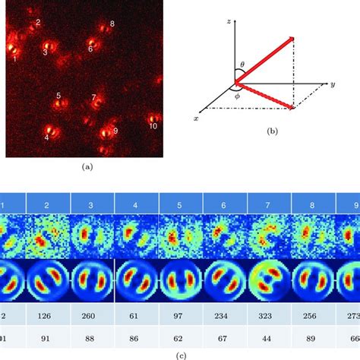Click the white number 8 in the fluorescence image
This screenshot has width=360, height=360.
click(x=112, y=24)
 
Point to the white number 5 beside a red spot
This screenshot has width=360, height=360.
click(x=58, y=96)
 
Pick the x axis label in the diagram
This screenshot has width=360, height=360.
click(x=197, y=119)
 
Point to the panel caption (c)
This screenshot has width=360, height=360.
click(x=178, y=353)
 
